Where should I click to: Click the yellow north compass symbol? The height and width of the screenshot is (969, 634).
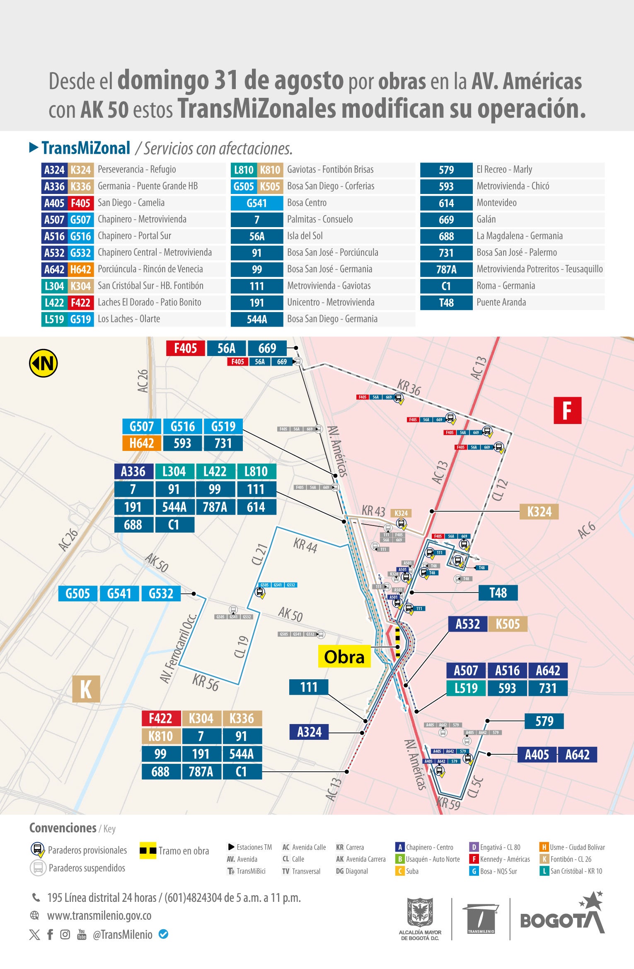point(43,363)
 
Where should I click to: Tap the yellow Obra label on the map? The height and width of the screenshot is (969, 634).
point(344,657)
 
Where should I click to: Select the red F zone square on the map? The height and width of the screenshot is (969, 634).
point(567,410)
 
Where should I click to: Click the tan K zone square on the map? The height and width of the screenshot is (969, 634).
point(86,689)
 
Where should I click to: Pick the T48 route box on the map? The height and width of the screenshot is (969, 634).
point(498,593)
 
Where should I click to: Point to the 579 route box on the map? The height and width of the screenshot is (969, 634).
point(544,721)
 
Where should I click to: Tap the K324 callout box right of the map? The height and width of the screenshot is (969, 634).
point(539,512)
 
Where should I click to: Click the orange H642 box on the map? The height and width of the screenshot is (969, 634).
point(142,443)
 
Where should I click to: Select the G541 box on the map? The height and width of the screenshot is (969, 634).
point(119,594)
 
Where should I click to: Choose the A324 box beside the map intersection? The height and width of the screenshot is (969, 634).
point(309,732)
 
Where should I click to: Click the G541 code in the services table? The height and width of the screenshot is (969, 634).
point(257,203)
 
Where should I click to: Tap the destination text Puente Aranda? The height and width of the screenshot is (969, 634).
point(501,303)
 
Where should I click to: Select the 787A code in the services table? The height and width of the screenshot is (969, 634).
point(446,269)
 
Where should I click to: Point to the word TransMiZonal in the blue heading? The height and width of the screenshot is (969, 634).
point(86,148)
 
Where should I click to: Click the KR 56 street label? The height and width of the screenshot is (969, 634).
point(206,682)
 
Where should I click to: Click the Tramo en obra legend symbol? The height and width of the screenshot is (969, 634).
point(148,850)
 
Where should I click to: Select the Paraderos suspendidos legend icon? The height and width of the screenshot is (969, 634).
point(38,867)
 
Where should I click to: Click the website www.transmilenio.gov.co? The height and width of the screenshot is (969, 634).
point(99,915)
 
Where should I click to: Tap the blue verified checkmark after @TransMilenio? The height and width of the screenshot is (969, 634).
point(164,934)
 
